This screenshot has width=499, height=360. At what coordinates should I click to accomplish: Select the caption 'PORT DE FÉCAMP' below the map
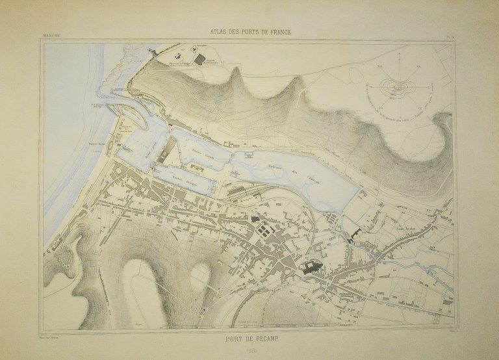tap(249, 337)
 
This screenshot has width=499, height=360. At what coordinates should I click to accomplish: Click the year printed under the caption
tap(249, 350)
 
